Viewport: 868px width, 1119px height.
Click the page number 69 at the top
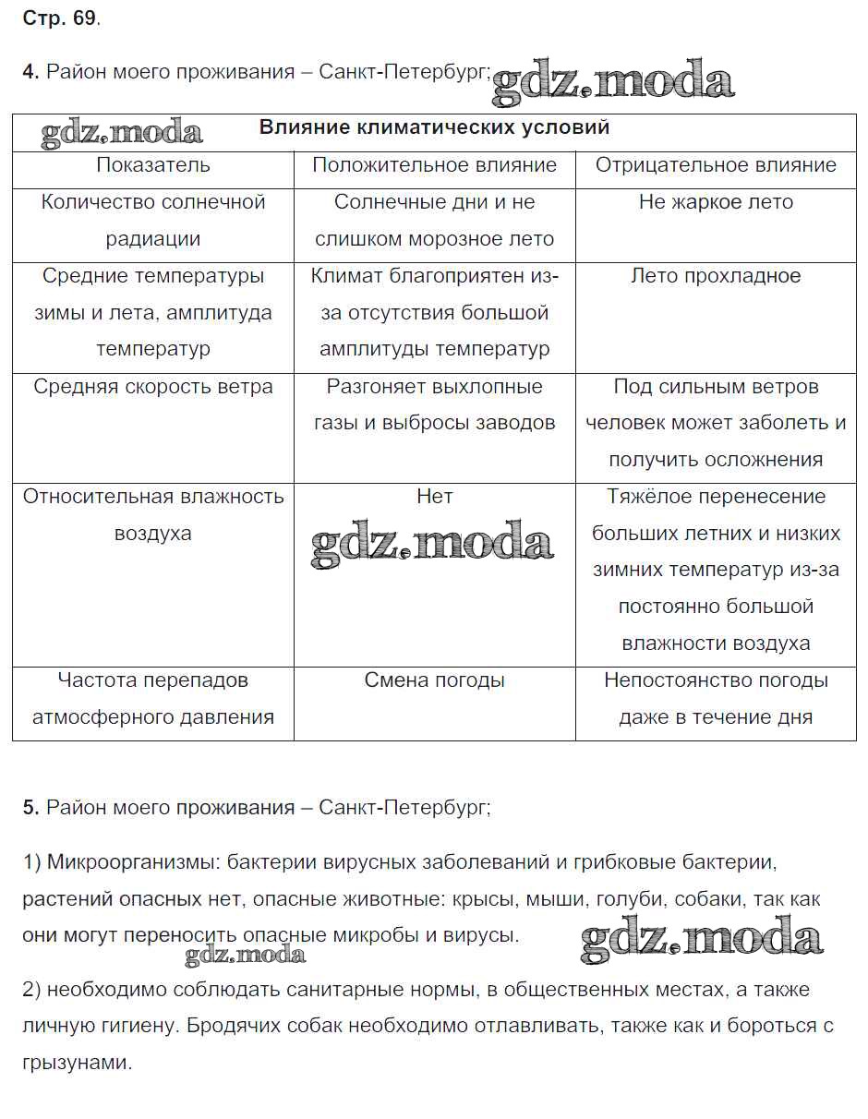84,18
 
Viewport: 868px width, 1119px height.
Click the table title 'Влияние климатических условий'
434,127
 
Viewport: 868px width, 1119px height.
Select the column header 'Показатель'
153,165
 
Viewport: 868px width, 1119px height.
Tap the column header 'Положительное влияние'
434,165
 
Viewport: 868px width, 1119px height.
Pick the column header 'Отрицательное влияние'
716,165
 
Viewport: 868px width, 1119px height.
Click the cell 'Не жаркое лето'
716,202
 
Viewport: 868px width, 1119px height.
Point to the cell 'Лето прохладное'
716,276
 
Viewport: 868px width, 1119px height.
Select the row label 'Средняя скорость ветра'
153,387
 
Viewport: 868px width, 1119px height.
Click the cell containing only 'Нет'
434,497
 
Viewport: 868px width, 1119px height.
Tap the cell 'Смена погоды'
434,680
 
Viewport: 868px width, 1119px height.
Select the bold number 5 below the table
29,808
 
